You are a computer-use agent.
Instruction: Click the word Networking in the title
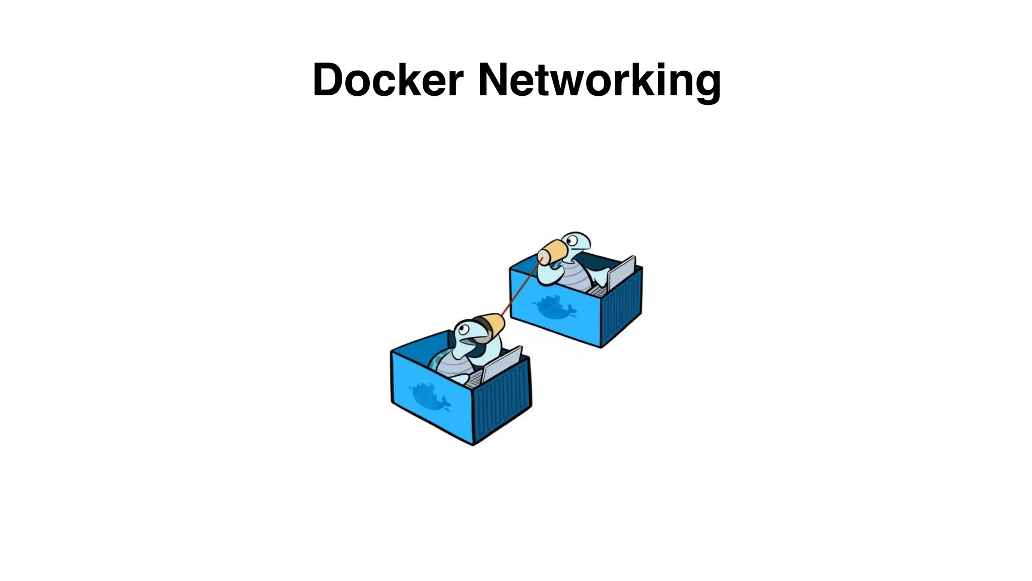pos(599,81)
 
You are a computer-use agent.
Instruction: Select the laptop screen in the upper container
pos(621,273)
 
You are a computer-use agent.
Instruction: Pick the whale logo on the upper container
pos(554,306)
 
